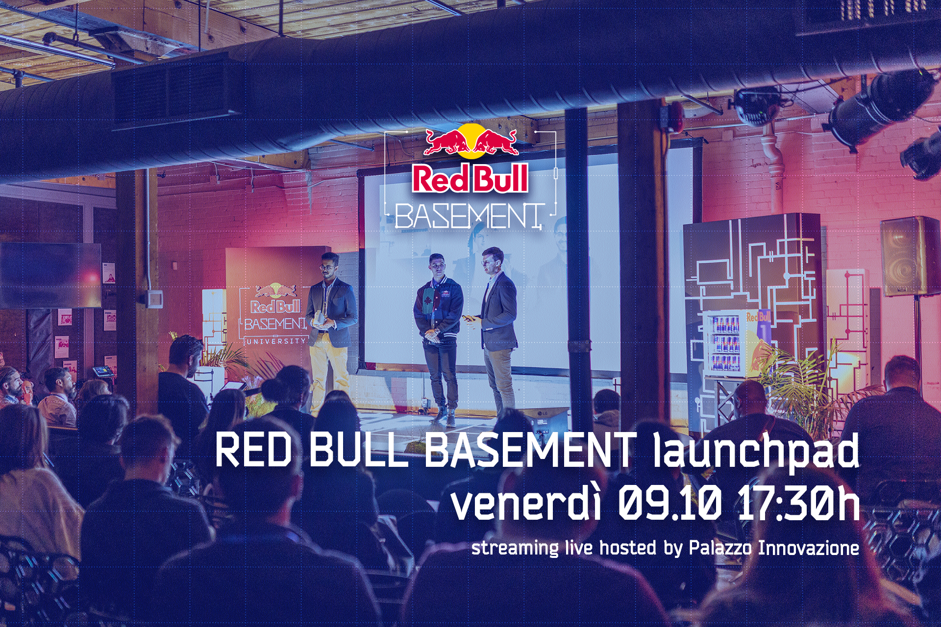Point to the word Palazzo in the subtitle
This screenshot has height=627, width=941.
coord(720,548)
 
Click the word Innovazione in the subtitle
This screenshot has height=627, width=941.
coord(809,548)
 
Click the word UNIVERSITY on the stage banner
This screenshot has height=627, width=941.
coord(276,341)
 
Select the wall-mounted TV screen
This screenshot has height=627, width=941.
coord(50,275)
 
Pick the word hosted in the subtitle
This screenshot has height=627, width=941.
coord(628,548)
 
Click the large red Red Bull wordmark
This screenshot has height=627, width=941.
coord(470,179)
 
